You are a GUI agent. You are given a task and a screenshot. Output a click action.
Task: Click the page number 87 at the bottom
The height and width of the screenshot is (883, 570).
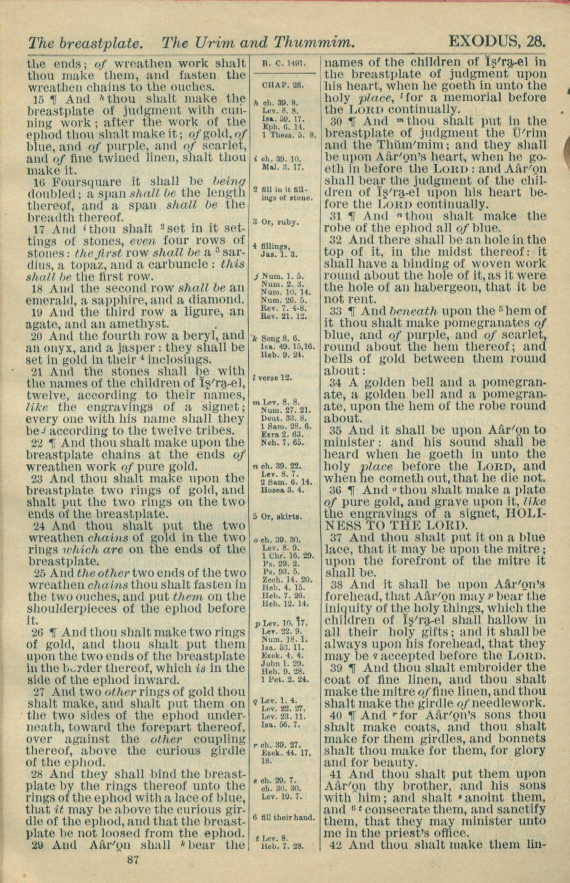(x=133, y=860)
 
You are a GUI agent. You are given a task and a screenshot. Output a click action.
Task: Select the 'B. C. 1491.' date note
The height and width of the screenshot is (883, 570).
(x=283, y=64)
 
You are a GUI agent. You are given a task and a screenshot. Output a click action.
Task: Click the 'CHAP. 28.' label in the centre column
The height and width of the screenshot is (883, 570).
(x=283, y=85)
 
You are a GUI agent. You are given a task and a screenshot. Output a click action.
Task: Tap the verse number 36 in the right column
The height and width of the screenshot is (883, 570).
(x=335, y=490)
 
